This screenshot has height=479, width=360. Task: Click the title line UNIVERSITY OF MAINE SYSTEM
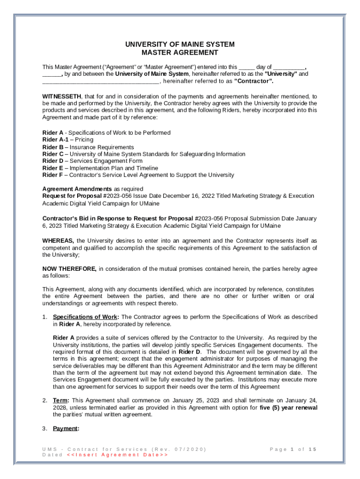click(x=180, y=44)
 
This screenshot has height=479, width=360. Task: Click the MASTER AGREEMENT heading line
click(x=180, y=53)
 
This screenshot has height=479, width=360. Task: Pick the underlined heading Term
click(x=61, y=400)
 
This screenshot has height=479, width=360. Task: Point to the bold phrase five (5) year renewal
click(x=288, y=407)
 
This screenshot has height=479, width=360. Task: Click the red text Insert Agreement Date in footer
click(x=117, y=455)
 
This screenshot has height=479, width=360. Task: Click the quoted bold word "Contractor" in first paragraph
click(x=253, y=81)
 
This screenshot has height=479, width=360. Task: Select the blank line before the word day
click(x=247, y=67)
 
